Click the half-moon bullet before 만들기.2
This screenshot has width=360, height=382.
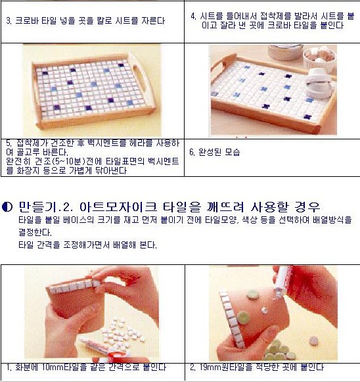pos(7,207)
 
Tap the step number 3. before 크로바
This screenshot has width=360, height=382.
pos(9,20)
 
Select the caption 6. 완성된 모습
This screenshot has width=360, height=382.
pos(215,153)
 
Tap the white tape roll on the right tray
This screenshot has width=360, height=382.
pos(319,84)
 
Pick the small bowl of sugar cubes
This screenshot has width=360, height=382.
pos(319,60)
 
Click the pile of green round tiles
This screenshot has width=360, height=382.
pos(280,351)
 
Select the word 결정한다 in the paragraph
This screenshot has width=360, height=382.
pos(35,232)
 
